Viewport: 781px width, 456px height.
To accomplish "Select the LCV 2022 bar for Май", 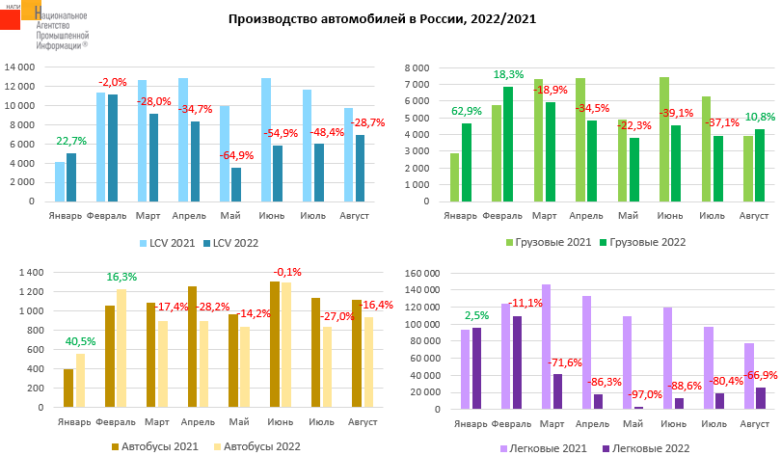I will coord(237,185).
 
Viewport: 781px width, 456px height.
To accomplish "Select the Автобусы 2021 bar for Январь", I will coord(68,389).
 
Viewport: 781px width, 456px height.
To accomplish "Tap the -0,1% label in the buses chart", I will coord(287,272).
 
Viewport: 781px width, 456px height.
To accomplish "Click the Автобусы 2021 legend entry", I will coord(159,446).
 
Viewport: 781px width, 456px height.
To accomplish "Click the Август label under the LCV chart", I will coord(356,215).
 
